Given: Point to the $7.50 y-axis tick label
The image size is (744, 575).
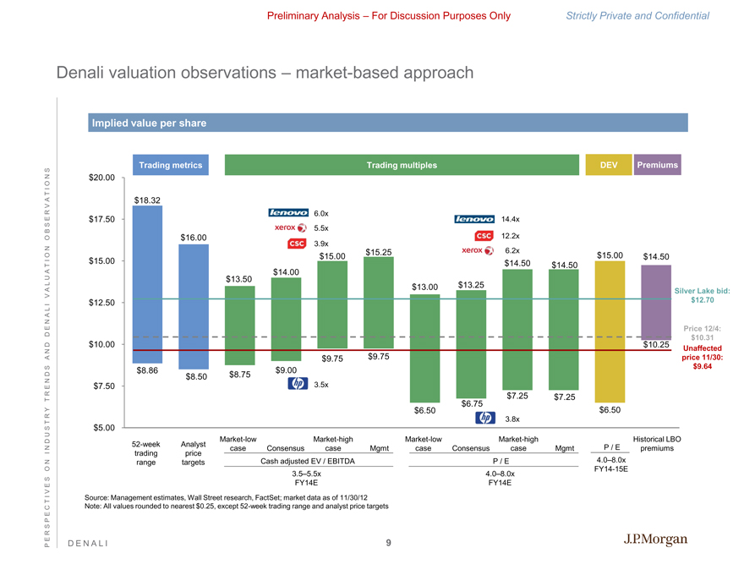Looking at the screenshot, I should coord(106,386).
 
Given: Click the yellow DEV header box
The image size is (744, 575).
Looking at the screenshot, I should coord(608,166).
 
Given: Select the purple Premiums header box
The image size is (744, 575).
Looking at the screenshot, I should coord(657,166).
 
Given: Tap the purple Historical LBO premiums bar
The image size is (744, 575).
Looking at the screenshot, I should coord(656,301).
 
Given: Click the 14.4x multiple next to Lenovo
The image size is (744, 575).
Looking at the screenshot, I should coord(511,219).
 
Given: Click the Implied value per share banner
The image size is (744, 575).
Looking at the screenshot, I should coord(150,123).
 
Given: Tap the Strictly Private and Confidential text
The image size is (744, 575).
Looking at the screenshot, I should coord(648,15).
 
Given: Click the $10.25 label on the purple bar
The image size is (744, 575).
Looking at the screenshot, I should coord(656,345).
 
